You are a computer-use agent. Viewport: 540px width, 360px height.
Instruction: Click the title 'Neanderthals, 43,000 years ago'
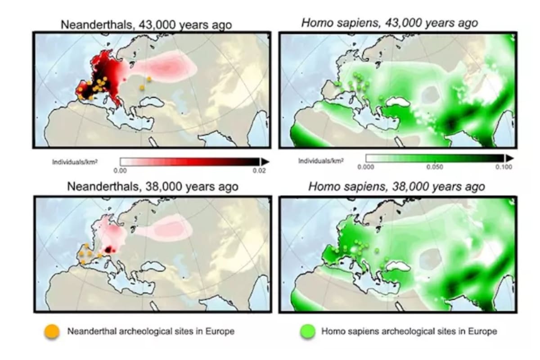(x=146, y=24)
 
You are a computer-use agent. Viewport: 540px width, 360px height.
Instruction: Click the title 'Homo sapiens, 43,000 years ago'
(x=389, y=23)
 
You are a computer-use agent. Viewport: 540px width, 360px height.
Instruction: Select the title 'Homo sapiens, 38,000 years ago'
(x=396, y=186)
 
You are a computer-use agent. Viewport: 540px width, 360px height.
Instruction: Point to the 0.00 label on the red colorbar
(x=120, y=171)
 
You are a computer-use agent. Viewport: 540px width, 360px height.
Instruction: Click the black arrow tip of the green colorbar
(x=509, y=158)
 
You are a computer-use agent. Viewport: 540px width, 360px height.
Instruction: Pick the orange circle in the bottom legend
(x=51, y=332)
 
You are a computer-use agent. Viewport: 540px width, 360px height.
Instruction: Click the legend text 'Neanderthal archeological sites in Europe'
(x=151, y=332)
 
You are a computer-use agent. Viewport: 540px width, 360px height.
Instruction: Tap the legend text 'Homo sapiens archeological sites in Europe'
(x=409, y=332)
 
